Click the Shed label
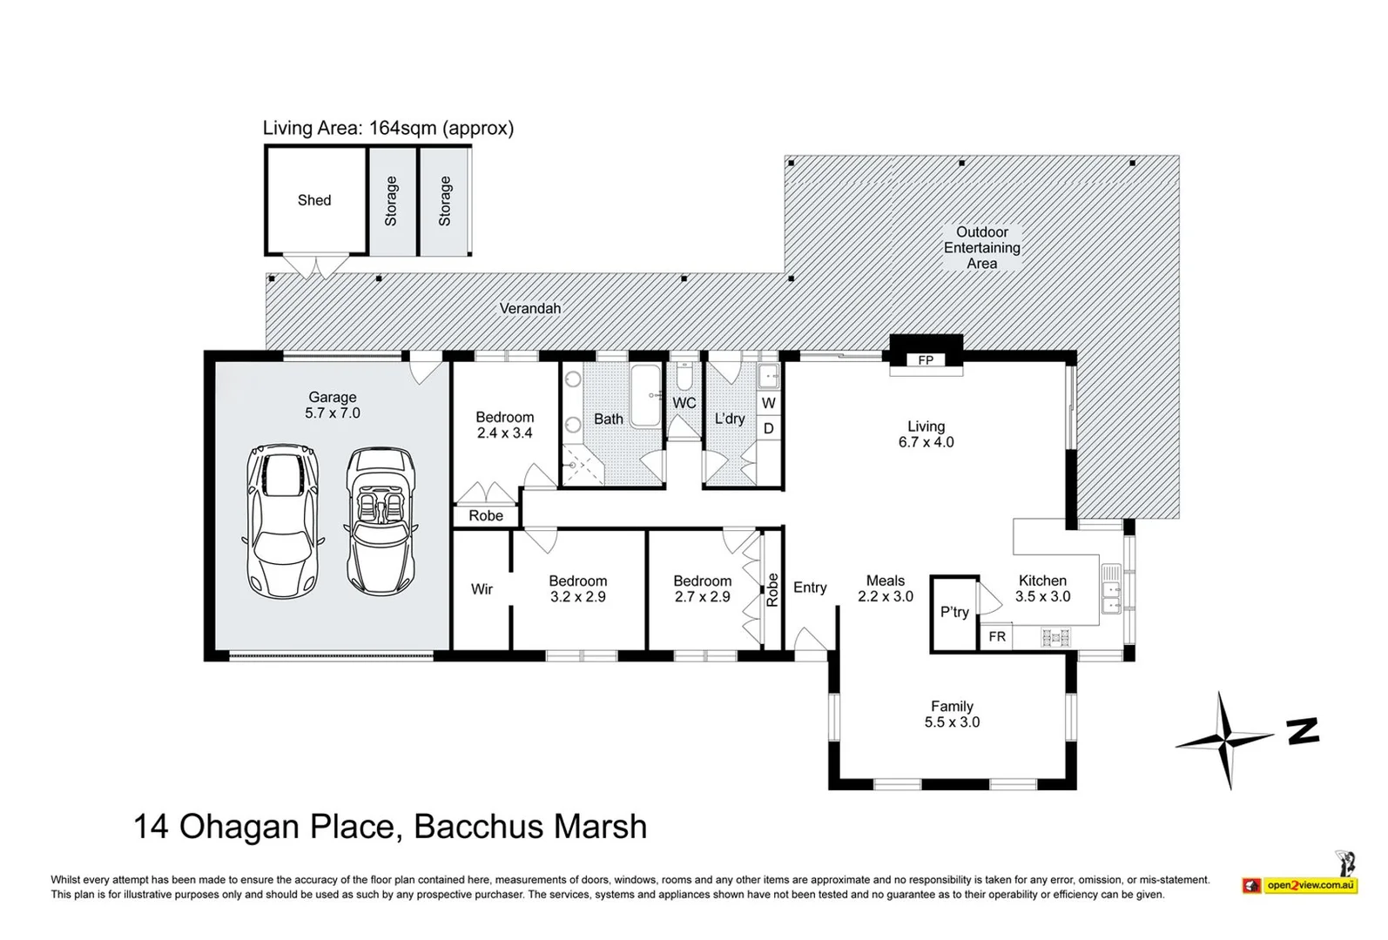pyautogui.click(x=314, y=200)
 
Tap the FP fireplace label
pyautogui.click(x=926, y=360)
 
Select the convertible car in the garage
pyautogui.click(x=380, y=521)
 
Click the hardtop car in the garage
pyautogui.click(x=282, y=521)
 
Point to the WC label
pyautogui.click(x=684, y=403)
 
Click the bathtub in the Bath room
pyautogui.click(x=645, y=396)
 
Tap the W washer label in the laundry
pyautogui.click(x=768, y=403)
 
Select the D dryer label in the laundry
pyautogui.click(x=768, y=428)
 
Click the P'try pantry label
pyautogui.click(x=954, y=613)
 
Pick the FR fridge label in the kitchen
pyautogui.click(x=997, y=636)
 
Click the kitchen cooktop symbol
pyautogui.click(x=1055, y=637)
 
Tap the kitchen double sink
pyautogui.click(x=1111, y=588)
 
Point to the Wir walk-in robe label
pyautogui.click(x=482, y=589)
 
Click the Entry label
pyautogui.click(x=810, y=587)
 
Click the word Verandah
pyautogui.click(x=529, y=308)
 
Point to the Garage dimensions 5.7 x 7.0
pyautogui.click(x=332, y=413)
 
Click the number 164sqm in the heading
pyautogui.click(x=403, y=128)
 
